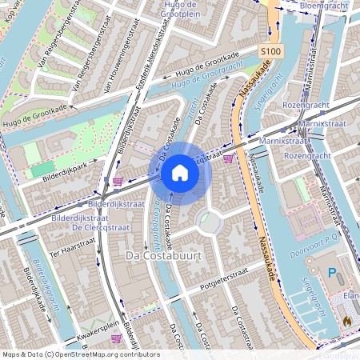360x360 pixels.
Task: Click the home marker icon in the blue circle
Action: pos(180,172)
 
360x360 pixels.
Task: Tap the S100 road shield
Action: pos(271,51)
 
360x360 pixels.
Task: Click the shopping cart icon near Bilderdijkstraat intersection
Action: pos(118,182)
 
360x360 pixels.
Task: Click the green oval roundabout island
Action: pos(207,217)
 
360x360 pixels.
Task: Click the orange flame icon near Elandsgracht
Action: pos(346,319)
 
